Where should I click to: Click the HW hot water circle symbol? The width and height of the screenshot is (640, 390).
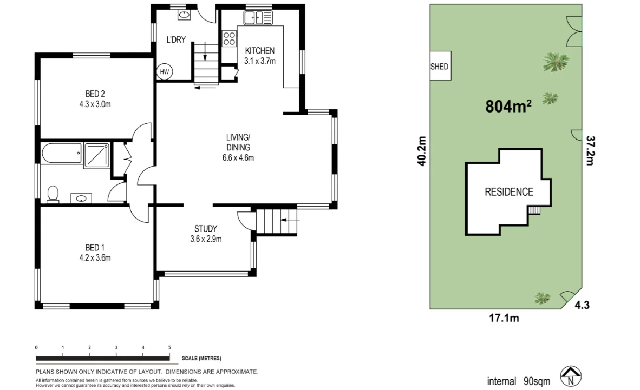164,71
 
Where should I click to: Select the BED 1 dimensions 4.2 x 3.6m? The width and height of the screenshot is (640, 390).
95,258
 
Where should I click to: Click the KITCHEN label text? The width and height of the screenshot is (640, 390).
259,51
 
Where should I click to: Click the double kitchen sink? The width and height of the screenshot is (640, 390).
253,18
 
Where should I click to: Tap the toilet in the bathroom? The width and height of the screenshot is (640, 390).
53,194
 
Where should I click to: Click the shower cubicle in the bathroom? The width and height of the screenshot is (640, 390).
96,155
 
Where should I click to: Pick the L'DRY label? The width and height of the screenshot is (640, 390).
176,39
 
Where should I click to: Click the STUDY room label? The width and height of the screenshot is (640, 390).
206,228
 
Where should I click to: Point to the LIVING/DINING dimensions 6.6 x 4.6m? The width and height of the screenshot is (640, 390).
238,158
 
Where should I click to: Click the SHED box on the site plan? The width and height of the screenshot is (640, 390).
440,67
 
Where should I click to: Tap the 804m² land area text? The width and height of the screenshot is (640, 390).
508,107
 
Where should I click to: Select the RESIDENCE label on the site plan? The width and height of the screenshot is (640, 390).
508,191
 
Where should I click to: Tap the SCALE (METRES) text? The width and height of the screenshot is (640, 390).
201,359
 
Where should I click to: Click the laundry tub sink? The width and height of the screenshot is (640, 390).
185,15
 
